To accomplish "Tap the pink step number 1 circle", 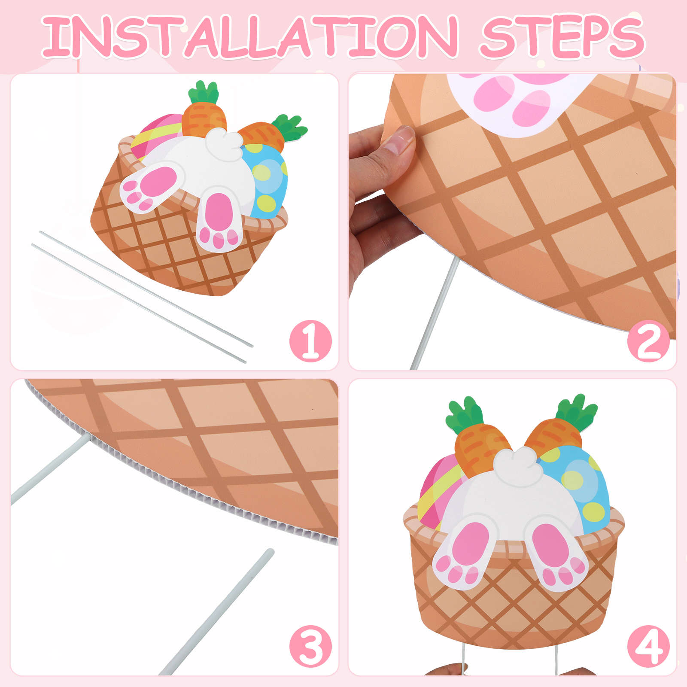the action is pyautogui.click(x=310, y=341).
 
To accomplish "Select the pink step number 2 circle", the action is pyautogui.click(x=648, y=341).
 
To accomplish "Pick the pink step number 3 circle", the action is pyautogui.click(x=310, y=646).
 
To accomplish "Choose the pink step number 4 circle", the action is pyautogui.click(x=648, y=646).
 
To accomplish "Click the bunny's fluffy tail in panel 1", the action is pyautogui.click(x=224, y=145).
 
